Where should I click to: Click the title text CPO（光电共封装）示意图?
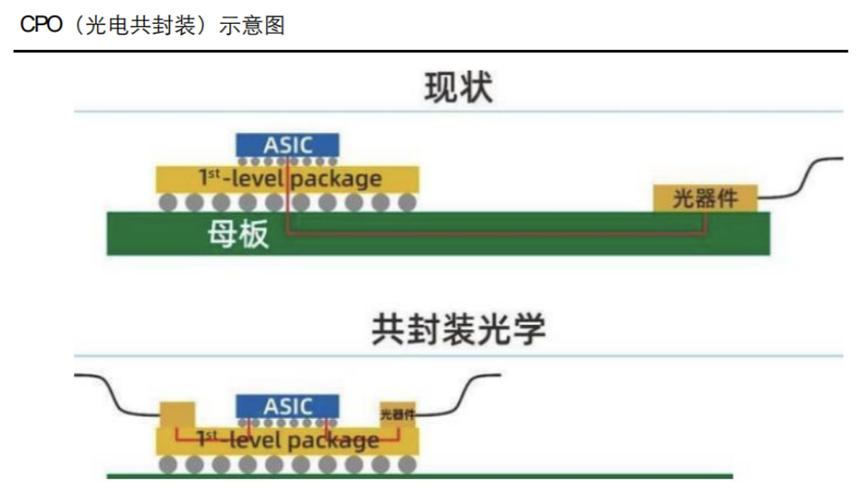point(153,25)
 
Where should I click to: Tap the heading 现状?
point(458,88)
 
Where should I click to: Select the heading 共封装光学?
point(458,330)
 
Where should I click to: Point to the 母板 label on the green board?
point(238,234)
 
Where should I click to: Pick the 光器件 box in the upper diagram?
point(705,198)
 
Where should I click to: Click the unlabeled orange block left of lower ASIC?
point(176,414)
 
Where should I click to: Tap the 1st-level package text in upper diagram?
point(289,179)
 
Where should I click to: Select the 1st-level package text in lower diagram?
point(289,440)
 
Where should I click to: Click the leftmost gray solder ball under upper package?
point(169,202)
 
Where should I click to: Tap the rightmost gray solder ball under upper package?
point(408,202)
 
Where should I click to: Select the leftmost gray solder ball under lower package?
point(169,465)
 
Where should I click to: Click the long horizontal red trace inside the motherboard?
point(497,232)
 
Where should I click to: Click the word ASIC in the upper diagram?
point(288,145)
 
